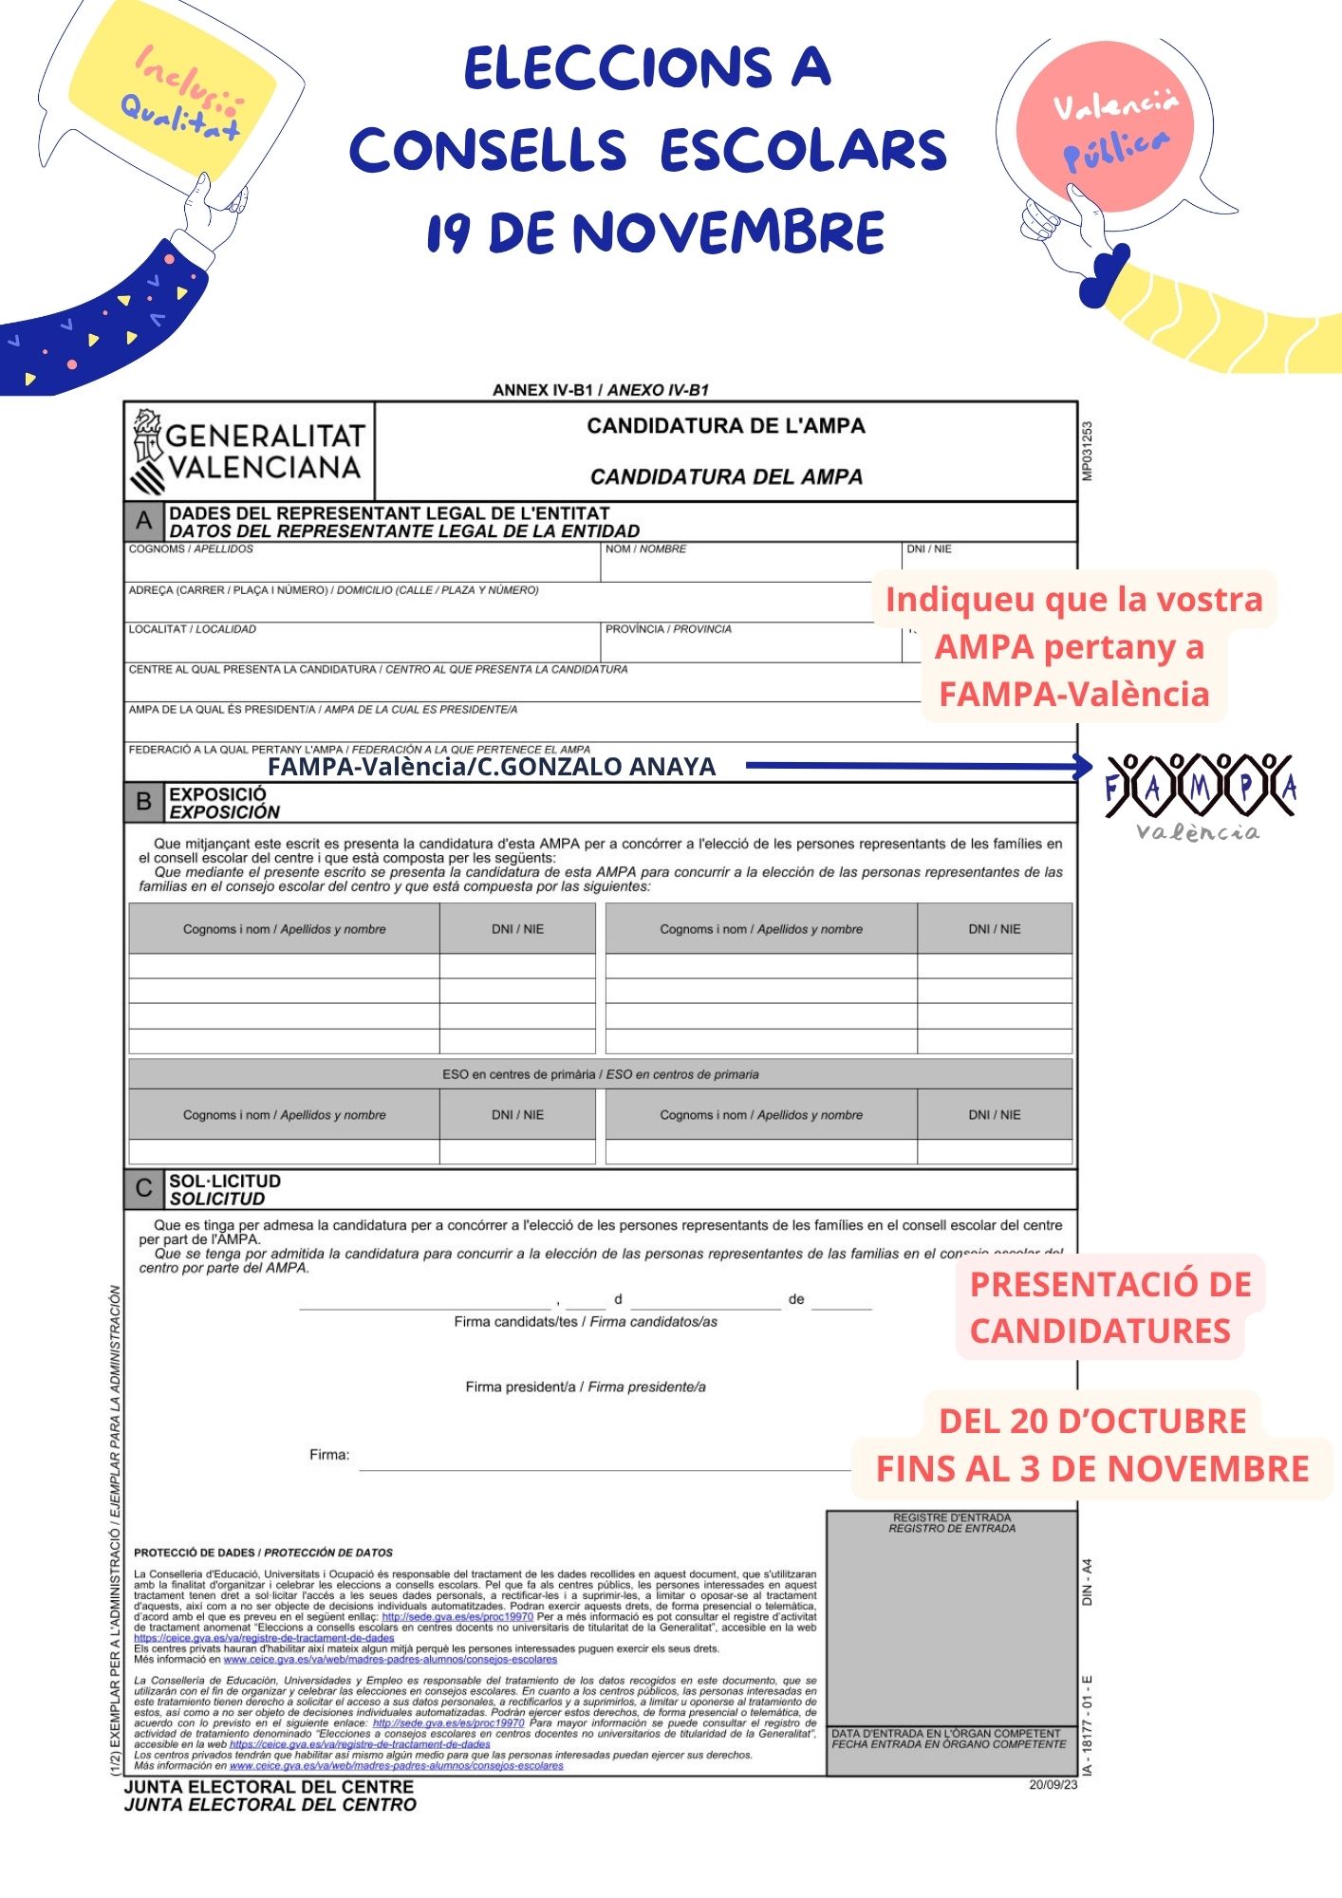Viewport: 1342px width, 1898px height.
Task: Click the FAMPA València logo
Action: click(x=1200, y=795)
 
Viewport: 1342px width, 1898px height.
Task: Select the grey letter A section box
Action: click(x=144, y=521)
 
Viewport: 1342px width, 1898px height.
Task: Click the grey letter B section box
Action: click(x=144, y=802)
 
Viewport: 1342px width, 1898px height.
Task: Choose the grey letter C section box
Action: click(x=144, y=1188)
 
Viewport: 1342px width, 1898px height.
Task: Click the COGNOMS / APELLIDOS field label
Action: click(x=191, y=549)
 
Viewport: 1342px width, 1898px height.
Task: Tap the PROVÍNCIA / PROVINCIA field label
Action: click(x=668, y=629)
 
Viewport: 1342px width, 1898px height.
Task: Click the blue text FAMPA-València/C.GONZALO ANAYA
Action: click(x=492, y=767)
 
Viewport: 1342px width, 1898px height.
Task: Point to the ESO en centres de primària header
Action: click(x=600, y=1074)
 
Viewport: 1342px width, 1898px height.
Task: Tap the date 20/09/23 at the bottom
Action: click(x=1053, y=1785)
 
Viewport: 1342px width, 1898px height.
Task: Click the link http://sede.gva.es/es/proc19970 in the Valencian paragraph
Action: click(x=457, y=1616)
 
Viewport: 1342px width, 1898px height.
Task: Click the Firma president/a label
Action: click(x=586, y=1386)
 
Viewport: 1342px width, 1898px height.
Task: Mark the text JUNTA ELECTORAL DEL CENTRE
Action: click(x=270, y=1787)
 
